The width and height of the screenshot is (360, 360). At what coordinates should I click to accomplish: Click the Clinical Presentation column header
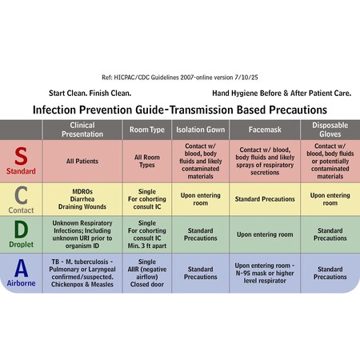[82, 129]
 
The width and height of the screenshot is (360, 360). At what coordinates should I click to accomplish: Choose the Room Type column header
[147, 129]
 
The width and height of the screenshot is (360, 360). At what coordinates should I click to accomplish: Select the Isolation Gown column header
[200, 129]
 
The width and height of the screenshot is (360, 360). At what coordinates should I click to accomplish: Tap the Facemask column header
[265, 129]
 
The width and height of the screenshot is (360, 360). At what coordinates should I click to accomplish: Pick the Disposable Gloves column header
[330, 129]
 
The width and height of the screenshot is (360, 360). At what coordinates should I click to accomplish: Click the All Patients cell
[82, 162]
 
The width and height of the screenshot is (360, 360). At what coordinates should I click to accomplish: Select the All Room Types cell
[147, 162]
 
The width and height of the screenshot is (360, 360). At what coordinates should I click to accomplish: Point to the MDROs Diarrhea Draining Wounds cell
[82, 198]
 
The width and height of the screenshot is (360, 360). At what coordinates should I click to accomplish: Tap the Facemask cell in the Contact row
[265, 198]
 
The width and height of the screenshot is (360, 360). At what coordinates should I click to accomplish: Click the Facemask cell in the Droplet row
[265, 234]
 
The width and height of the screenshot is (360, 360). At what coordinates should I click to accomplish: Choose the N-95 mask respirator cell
[265, 273]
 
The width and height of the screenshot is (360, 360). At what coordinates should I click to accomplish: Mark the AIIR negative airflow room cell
[147, 273]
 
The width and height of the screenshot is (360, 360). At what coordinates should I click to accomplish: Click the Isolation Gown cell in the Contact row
[200, 198]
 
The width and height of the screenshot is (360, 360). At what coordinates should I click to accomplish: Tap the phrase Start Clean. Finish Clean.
[86, 93]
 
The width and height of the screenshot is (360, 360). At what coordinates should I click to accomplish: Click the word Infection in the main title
[58, 109]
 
